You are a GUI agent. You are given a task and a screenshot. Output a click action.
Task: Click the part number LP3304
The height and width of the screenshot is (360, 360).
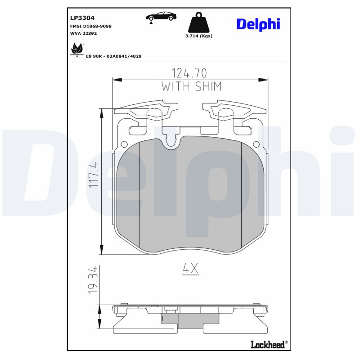(82, 18)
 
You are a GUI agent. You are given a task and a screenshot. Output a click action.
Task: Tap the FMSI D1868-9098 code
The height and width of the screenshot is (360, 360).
(90, 26)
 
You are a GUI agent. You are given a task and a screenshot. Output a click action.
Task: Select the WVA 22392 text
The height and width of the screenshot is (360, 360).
(83, 33)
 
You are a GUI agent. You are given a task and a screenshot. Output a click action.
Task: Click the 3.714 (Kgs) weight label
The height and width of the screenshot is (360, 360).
(199, 36)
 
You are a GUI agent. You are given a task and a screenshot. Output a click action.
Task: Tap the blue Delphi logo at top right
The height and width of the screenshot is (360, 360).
(258, 24)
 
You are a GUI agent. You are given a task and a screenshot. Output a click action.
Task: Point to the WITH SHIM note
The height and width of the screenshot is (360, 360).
(192, 87)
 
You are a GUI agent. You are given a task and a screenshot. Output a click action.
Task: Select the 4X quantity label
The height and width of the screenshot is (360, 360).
(190, 269)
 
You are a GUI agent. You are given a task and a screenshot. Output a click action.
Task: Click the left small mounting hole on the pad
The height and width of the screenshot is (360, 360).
(124, 144)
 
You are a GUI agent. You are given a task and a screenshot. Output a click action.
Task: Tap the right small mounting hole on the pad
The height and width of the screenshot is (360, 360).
(256, 144)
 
